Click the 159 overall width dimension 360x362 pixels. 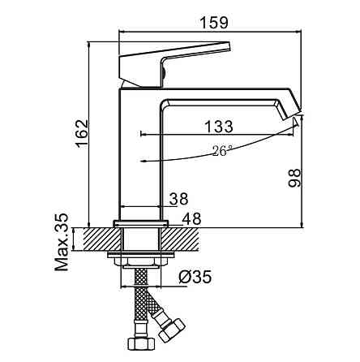pyautogui.click(x=214, y=23)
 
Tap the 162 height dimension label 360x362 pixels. pyautogui.click(x=82, y=133)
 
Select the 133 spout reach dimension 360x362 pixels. pyautogui.click(x=219, y=127)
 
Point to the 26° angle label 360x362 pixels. pyautogui.click(x=222, y=150)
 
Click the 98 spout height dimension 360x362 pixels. pyautogui.click(x=294, y=178)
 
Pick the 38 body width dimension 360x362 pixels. pyautogui.click(x=178, y=199)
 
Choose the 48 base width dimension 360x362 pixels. pyautogui.click(x=191, y=218)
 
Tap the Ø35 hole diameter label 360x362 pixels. pyautogui.click(x=195, y=277)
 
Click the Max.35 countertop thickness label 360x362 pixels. pyautogui.click(x=62, y=242)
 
